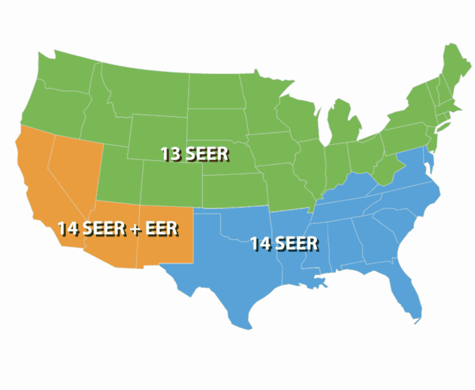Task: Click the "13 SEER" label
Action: (194, 153)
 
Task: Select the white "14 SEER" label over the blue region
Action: (284, 243)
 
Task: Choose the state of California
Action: (36, 184)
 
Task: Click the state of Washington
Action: (62, 71)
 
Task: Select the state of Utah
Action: (119, 172)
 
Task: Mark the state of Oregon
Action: (50, 107)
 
